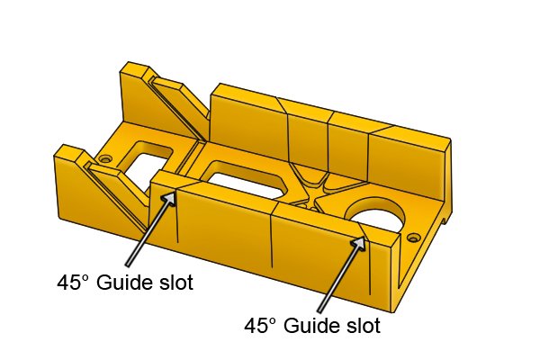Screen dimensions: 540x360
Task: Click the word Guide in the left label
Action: [x=125, y=283]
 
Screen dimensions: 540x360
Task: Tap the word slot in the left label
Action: [x=176, y=283]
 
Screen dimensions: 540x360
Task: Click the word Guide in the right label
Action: [x=312, y=326]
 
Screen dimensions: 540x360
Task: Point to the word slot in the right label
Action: [x=364, y=325]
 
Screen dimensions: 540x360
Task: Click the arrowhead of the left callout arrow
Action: [x=169, y=199]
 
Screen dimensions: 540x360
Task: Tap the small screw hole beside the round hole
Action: [x=412, y=238]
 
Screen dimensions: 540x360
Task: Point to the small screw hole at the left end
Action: [x=103, y=159]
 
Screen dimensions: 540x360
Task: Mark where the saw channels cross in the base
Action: [x=312, y=197]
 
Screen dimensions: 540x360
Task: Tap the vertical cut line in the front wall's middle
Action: [x=272, y=238]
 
